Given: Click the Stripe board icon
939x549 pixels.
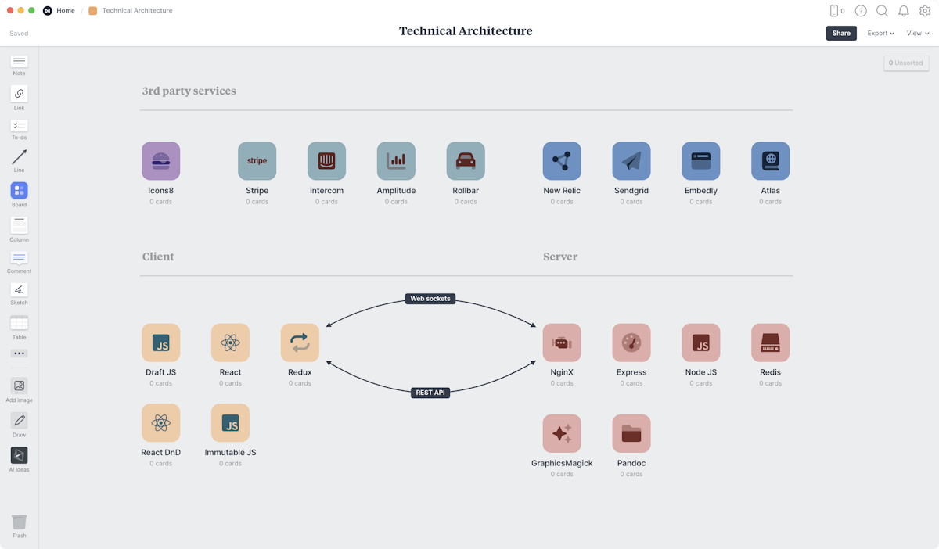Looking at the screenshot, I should (x=257, y=161).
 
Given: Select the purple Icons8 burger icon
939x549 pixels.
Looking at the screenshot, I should (x=160, y=161).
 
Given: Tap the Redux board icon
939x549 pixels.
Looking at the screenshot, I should (x=300, y=343).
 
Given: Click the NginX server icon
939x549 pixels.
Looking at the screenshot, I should (x=562, y=343).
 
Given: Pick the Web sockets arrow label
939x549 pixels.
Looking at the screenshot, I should (x=431, y=299).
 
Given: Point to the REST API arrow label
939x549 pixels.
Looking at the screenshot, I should (x=430, y=393).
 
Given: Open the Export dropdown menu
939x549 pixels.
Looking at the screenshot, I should (x=880, y=34).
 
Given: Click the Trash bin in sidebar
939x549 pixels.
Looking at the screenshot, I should (x=19, y=522).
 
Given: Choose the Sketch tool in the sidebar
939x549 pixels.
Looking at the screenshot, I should (x=19, y=290).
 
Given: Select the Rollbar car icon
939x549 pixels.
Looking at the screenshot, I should (x=466, y=161).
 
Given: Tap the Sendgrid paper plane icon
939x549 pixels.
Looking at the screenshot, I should (x=631, y=161).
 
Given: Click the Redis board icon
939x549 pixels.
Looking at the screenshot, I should (x=770, y=343).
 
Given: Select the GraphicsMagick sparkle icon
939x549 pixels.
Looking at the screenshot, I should (x=562, y=433).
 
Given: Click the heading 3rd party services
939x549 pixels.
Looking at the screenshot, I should (x=189, y=91).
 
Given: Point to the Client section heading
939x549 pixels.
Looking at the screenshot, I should (x=158, y=257).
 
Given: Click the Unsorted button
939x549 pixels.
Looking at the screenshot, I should (x=906, y=63).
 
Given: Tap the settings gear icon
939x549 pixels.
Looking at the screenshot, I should (x=925, y=11).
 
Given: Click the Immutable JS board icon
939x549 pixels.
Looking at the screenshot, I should (x=230, y=423).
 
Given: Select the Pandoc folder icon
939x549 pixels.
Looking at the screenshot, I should (x=631, y=433).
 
